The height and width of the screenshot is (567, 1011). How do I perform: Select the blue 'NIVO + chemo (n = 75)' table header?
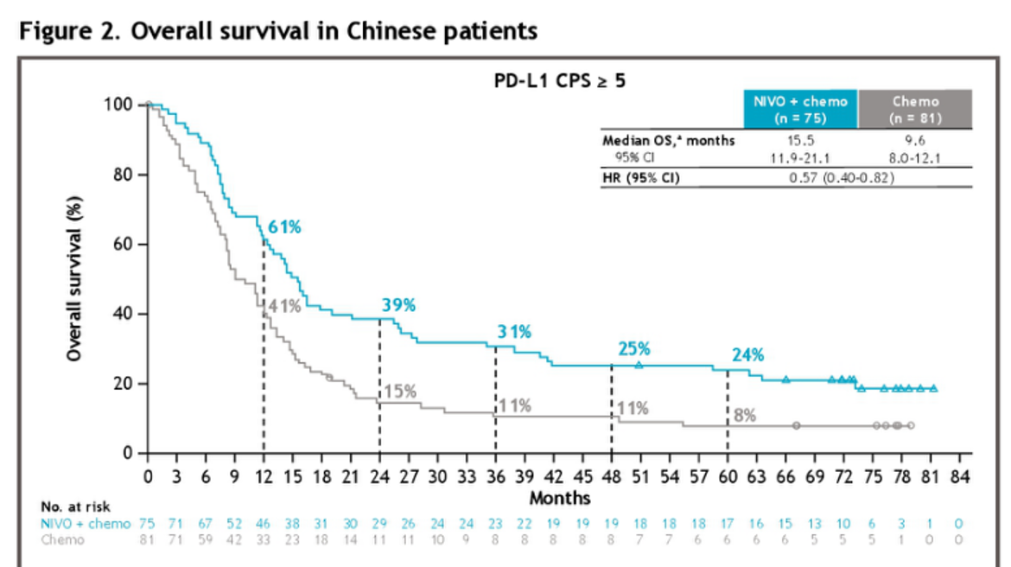click(x=800, y=109)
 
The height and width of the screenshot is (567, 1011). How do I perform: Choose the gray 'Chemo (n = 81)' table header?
click(x=915, y=109)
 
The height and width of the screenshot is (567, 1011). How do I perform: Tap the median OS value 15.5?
click(x=800, y=139)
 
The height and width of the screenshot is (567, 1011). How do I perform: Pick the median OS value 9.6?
click(x=915, y=139)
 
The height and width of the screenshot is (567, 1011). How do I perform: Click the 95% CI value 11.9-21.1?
click(x=800, y=156)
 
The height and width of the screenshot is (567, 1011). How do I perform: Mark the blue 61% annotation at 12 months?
click(x=283, y=226)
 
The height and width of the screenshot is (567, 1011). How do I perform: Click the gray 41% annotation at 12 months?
click(x=284, y=305)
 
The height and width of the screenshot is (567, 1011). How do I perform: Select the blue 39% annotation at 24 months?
click(x=398, y=305)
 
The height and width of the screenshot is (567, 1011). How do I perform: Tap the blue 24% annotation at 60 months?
click(x=748, y=354)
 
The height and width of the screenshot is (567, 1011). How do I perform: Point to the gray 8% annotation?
click(x=744, y=415)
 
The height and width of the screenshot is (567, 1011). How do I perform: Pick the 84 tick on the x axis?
click(x=959, y=476)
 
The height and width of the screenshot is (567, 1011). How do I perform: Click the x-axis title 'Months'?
click(x=559, y=497)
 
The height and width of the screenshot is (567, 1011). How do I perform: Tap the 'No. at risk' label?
click(x=75, y=506)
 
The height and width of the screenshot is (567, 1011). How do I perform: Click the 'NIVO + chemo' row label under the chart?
click(x=86, y=523)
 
